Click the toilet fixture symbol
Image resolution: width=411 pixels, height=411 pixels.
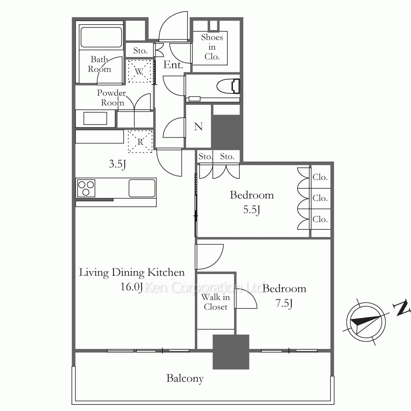pyautogui.click(x=229, y=86)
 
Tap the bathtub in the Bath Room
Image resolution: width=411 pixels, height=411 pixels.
pyautogui.click(x=101, y=37)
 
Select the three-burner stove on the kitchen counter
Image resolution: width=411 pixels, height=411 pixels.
pyautogui.click(x=86, y=188)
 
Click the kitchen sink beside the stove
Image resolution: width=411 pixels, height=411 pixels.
pyautogui.click(x=142, y=188)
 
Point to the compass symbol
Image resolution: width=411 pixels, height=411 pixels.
pyautogui.click(x=366, y=321)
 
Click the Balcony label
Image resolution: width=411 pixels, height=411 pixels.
pyautogui.click(x=185, y=379)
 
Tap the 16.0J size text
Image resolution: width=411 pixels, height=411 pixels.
pyautogui.click(x=132, y=286)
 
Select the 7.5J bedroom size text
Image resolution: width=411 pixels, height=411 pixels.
pyautogui.click(x=284, y=303)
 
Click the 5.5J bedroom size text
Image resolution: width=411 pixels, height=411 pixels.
pyautogui.click(x=252, y=210)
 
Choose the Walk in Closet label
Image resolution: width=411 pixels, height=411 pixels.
pyautogui.click(x=215, y=302)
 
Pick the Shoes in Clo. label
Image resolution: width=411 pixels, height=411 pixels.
pyautogui.click(x=212, y=47)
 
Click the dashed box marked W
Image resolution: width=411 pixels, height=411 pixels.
pyautogui.click(x=140, y=71)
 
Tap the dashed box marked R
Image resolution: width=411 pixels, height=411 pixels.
pyautogui.click(x=140, y=141)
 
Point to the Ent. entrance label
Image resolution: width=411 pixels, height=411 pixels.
pyautogui.click(x=173, y=65)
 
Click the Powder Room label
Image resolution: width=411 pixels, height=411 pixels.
pyautogui.click(x=112, y=97)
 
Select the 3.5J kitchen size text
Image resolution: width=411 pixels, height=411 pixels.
pyautogui.click(x=118, y=164)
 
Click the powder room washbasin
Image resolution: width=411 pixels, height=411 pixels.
pyautogui.click(x=95, y=118)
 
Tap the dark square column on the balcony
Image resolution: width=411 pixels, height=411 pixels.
pyautogui.click(x=231, y=352)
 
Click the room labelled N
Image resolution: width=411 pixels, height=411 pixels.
pyautogui.click(x=199, y=126)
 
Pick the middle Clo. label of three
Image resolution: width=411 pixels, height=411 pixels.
pyautogui.click(x=320, y=198)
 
